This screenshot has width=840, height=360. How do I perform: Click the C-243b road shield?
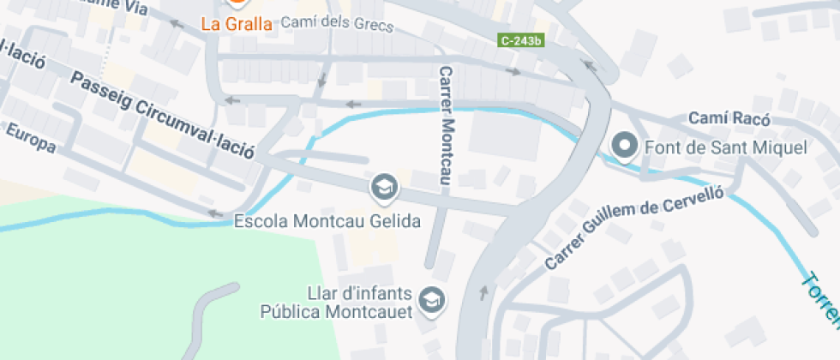coord(523,40)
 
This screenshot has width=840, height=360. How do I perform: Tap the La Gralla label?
coord(237,24)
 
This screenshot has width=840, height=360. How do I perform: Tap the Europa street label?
coord(32,138)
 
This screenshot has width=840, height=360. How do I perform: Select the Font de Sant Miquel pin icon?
coord(624,147)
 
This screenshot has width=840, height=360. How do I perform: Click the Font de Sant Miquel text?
coord(726,148)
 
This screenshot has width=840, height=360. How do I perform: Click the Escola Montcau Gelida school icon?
coord(383,188)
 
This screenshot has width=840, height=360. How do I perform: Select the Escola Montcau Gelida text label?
coord(327,221)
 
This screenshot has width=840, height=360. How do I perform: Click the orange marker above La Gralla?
coord(237,3)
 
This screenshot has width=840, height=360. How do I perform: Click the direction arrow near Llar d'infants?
coord(483,293)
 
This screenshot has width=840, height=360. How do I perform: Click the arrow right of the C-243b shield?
coord(587,63)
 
